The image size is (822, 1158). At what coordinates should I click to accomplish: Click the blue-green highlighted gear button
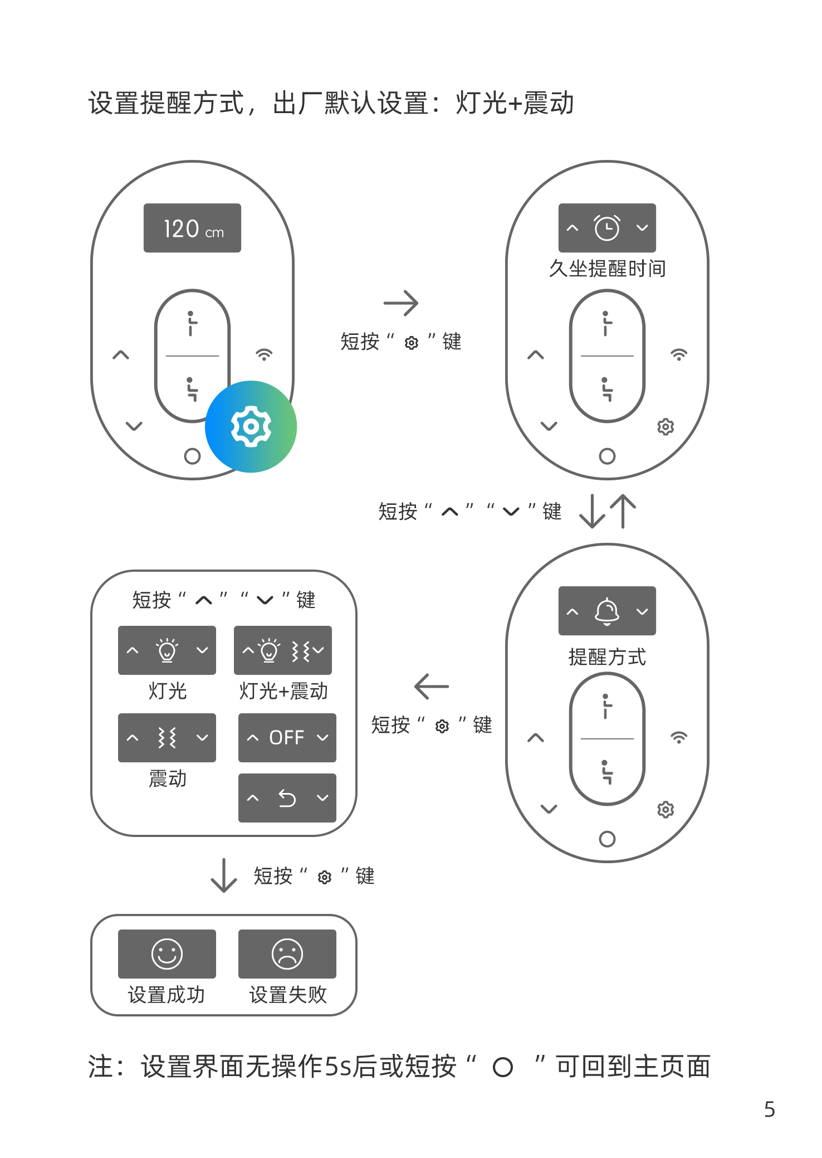click(x=251, y=426)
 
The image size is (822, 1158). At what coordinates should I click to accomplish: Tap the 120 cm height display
click(x=192, y=228)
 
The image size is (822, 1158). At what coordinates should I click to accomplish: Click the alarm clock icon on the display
click(x=607, y=227)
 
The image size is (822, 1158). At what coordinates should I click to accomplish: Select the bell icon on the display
click(x=607, y=611)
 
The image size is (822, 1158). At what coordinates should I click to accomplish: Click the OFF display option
click(x=287, y=738)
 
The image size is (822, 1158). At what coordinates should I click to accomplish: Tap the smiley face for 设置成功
click(x=167, y=954)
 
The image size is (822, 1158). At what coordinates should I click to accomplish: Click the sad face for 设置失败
click(x=287, y=954)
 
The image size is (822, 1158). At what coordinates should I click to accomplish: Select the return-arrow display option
click(x=287, y=798)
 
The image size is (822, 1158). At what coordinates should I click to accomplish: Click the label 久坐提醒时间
click(x=607, y=269)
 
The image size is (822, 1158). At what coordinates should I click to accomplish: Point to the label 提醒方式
click(x=607, y=657)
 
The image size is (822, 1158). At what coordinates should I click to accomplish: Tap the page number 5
click(x=770, y=1109)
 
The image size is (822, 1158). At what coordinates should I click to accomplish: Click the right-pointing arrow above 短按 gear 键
click(x=401, y=303)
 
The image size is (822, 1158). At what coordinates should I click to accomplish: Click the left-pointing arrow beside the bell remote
click(x=432, y=687)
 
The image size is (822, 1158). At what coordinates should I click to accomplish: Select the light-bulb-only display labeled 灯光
click(x=167, y=650)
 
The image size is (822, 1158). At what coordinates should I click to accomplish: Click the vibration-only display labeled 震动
click(x=167, y=738)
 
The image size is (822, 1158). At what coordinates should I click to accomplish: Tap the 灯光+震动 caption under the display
click(x=283, y=691)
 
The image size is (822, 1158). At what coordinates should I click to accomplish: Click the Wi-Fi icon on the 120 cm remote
click(x=264, y=354)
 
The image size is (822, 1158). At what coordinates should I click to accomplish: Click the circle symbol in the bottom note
click(x=503, y=1067)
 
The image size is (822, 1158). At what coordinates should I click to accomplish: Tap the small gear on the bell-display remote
click(x=666, y=809)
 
